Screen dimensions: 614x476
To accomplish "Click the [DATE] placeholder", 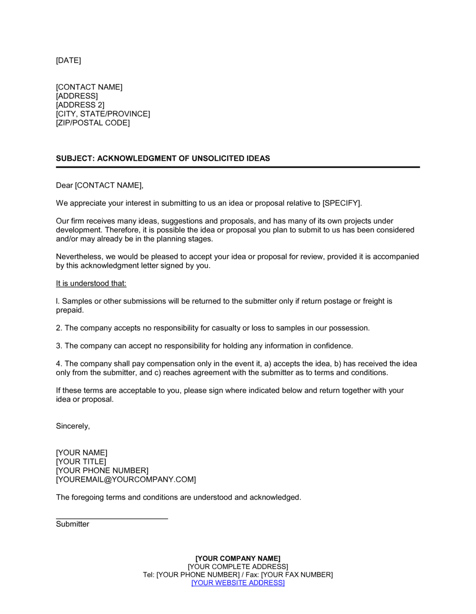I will pyautogui.click(x=69, y=60).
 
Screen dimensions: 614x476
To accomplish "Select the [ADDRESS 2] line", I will pyautogui.click(x=80, y=105).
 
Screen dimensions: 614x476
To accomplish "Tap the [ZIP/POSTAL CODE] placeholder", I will pyautogui.click(x=93, y=123).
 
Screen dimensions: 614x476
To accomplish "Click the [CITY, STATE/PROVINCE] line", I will pyautogui.click(x=103, y=114).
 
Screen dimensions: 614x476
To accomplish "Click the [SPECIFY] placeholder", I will pyautogui.click(x=341, y=203).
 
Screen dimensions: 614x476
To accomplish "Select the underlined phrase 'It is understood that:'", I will pyautogui.click(x=91, y=284).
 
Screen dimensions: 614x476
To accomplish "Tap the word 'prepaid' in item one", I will pyautogui.click(x=69, y=310).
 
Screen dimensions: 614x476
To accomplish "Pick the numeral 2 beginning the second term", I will pyautogui.click(x=59, y=328).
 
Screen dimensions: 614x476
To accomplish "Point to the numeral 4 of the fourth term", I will pyautogui.click(x=59, y=364).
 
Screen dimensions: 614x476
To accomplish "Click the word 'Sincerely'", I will pyautogui.click(x=72, y=426).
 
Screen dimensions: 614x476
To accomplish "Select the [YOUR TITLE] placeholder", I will pyautogui.click(x=81, y=462).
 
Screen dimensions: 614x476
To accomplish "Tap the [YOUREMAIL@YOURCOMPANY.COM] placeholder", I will pyautogui.click(x=126, y=480).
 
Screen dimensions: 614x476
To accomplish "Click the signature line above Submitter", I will pyautogui.click(x=112, y=518).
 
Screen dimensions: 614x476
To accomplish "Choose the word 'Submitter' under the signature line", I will pyautogui.click(x=72, y=525).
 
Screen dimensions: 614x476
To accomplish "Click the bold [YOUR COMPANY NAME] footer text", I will pyautogui.click(x=238, y=559).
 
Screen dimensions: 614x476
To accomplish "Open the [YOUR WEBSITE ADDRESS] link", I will pyautogui.click(x=238, y=583).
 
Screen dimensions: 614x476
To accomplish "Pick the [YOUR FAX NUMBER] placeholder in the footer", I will pyautogui.click(x=297, y=575).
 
